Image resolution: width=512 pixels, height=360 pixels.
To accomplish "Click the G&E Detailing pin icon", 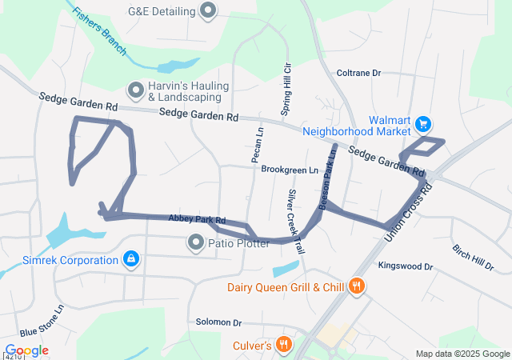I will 209,11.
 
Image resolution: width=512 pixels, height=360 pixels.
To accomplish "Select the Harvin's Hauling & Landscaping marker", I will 135,90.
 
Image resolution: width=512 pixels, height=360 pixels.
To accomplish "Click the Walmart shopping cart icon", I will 423,124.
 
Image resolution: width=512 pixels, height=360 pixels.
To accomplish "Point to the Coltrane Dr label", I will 358,73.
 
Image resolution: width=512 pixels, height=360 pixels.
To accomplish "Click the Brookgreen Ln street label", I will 290,170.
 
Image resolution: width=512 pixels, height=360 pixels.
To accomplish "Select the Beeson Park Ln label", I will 328,177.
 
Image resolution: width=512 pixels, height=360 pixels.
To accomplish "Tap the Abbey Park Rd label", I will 197,219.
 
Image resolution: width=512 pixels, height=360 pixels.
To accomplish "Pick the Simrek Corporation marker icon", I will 131,259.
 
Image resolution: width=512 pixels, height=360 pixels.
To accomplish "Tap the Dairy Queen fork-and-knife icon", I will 357,286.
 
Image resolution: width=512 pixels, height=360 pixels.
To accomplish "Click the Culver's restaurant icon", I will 282,345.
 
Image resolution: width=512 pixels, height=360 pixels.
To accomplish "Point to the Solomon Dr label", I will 218,322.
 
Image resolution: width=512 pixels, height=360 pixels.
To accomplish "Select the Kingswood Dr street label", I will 405,266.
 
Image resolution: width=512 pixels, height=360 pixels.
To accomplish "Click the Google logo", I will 27,350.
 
